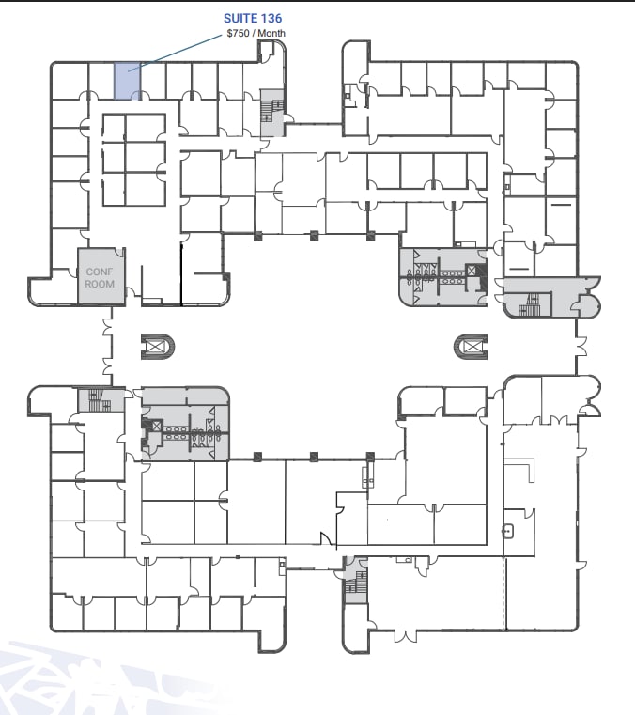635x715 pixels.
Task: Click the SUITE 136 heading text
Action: tap(253, 18)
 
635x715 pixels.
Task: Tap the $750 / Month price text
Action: tap(256, 34)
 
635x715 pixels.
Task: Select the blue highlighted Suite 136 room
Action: tap(128, 81)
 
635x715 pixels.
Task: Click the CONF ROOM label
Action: tap(100, 278)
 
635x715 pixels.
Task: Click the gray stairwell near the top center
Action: tap(271, 112)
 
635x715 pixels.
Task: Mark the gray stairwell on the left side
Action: tap(96, 400)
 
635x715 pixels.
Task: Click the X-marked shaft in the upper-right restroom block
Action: tap(472, 272)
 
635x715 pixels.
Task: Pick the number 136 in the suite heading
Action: tap(271, 18)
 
